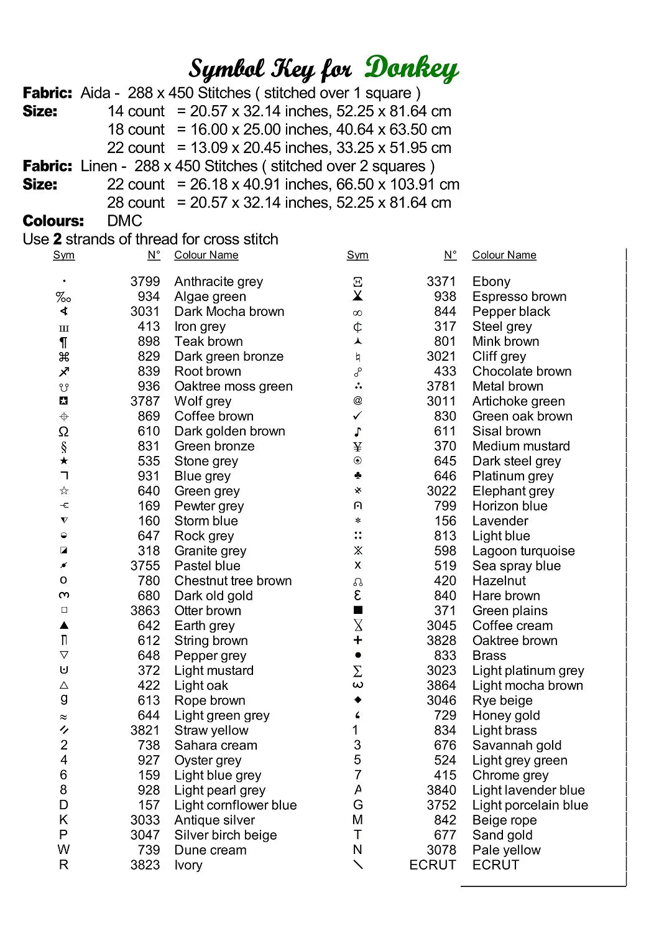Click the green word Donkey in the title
(411, 68)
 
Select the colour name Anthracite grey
(218, 282)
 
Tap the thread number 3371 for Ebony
(441, 282)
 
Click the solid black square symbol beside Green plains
(357, 610)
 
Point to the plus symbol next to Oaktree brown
(357, 640)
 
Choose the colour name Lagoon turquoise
(523, 550)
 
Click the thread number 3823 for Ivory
(145, 865)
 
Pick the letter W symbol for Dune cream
(63, 850)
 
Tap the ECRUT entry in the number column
(432, 865)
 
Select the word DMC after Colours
(124, 221)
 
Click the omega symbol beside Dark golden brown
(63, 431)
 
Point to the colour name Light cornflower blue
(235, 805)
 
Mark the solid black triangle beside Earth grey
(63, 625)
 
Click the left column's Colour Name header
(206, 255)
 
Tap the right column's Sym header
(357, 255)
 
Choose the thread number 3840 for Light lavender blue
(441, 790)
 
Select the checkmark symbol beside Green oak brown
(357, 415)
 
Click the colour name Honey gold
(505, 715)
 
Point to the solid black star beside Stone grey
(63, 461)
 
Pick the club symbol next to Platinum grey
(357, 476)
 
